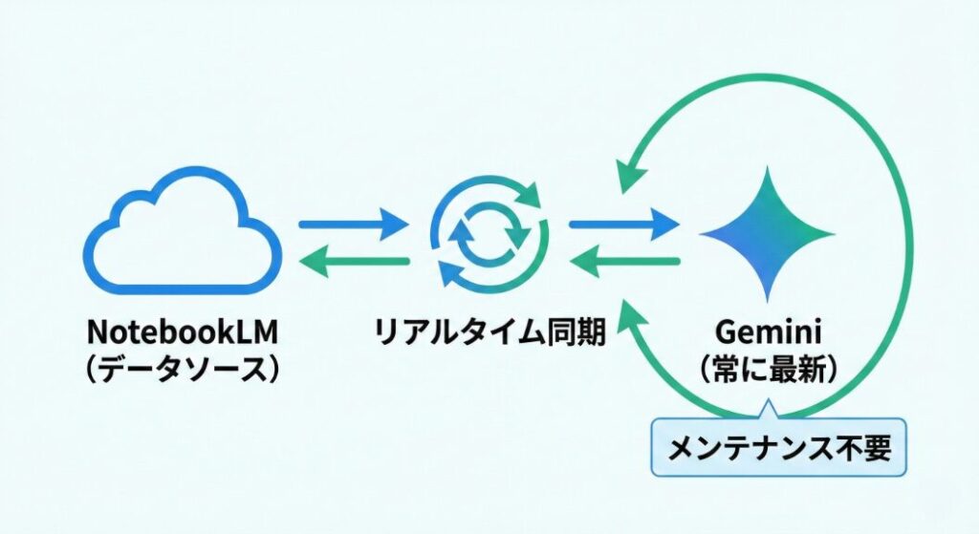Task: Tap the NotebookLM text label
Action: pos(181,333)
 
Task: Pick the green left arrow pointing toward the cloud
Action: pos(354,260)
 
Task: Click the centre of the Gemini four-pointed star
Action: pos(766,233)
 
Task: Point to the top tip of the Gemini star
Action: pos(766,170)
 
